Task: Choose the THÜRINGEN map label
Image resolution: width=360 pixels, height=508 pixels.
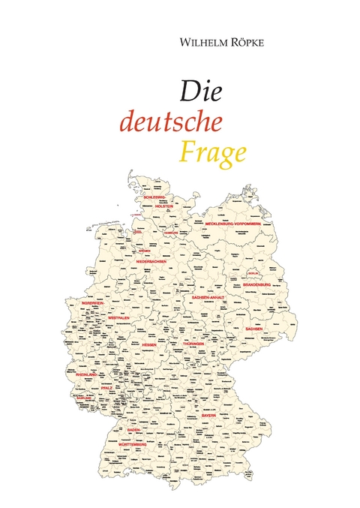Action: tap(193, 342)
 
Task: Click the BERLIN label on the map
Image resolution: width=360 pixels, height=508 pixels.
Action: tap(252, 273)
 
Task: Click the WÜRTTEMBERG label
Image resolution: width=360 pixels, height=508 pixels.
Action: tap(133, 444)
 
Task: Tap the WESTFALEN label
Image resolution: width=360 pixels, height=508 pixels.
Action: tap(119, 317)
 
